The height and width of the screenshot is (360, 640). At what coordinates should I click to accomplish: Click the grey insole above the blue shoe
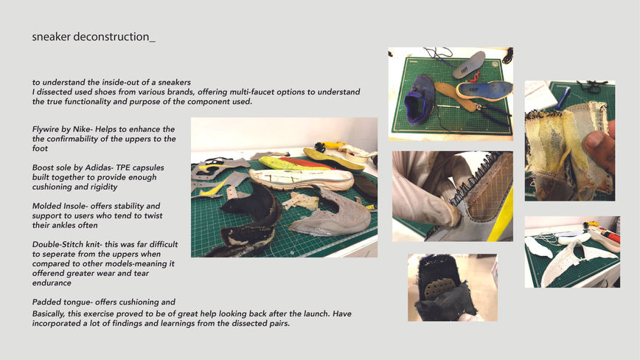pos(470,65)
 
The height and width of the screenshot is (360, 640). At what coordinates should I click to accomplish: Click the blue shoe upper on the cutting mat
pos(419,99)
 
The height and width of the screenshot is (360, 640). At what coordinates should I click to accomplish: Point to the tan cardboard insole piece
pos(455,95)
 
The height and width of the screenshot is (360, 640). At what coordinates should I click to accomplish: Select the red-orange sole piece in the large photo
pos(306,163)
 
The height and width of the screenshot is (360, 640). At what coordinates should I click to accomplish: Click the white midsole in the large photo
pos(302,179)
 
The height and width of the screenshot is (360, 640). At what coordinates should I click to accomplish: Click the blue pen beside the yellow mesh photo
pos(564,99)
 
